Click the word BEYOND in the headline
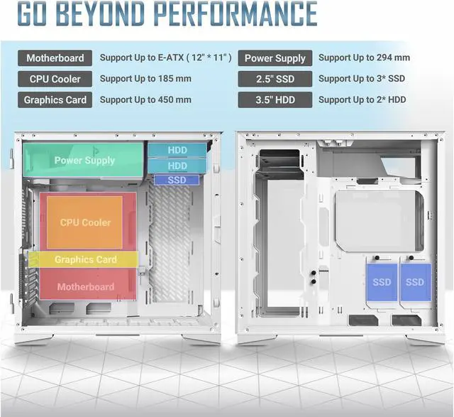[x=126, y=14]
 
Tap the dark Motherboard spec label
[x=55, y=58]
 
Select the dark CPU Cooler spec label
[x=55, y=79]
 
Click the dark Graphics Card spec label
[x=55, y=99]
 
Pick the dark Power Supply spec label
[x=275, y=58]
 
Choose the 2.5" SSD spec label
[x=275, y=79]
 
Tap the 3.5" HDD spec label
[x=275, y=99]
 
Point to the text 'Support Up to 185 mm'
[x=145, y=79]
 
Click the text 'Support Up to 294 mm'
[x=364, y=58]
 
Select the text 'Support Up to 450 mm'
[x=145, y=99]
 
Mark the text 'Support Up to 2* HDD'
[x=362, y=99]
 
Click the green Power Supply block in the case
[x=84, y=160]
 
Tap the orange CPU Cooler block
[x=85, y=222]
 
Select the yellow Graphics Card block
[x=85, y=260]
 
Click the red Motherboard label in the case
[x=85, y=287]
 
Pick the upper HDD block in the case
[x=177, y=151]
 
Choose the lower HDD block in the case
[x=177, y=166]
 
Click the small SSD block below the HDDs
[x=177, y=180]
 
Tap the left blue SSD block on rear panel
[x=382, y=282]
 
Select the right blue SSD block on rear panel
[x=415, y=282]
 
